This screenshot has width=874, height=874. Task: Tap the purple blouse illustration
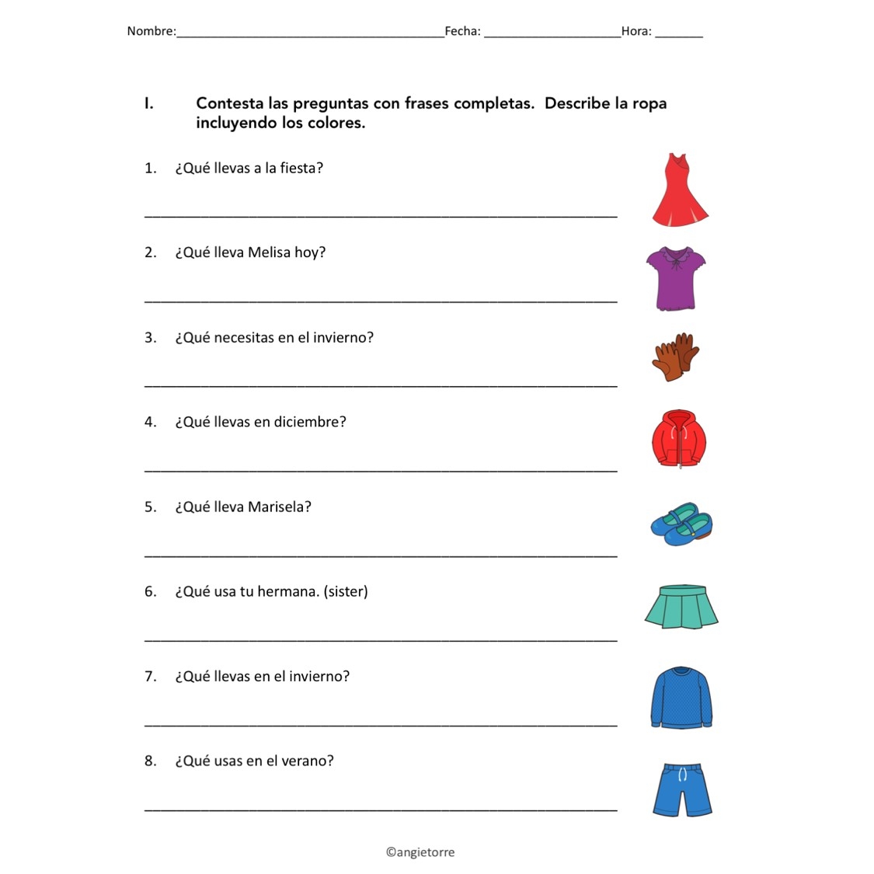[676, 278]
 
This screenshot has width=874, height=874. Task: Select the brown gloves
[675, 357]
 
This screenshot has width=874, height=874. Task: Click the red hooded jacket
[679, 440]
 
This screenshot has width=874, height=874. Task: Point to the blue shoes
[681, 524]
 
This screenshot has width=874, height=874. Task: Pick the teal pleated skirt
[681, 607]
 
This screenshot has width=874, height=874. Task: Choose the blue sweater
[681, 697]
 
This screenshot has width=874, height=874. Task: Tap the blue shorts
[682, 789]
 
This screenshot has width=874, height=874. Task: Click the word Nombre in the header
[151, 31]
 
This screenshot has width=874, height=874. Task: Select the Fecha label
[461, 31]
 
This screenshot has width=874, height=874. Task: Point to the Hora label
[635, 31]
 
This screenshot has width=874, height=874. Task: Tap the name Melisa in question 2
[269, 252]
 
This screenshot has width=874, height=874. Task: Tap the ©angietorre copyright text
[420, 852]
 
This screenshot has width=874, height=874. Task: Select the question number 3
[150, 337]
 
